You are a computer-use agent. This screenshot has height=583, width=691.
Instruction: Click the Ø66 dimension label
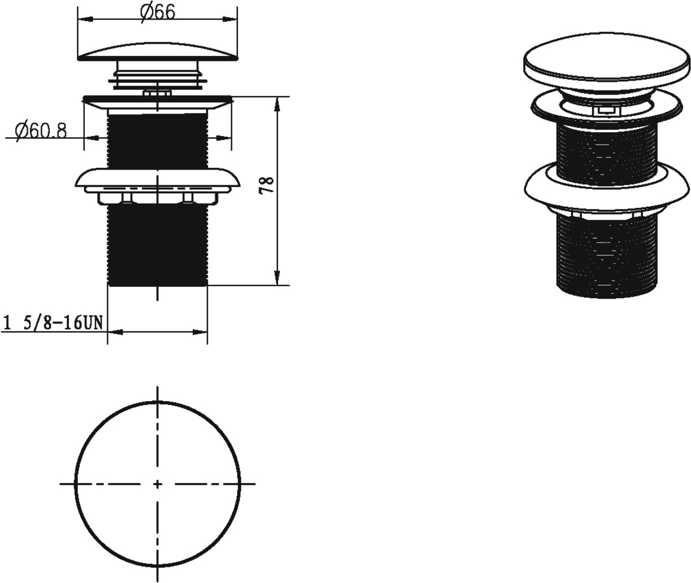157,12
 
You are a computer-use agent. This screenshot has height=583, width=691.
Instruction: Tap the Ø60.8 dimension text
41,130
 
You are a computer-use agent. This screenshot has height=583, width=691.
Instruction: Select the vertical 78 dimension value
267,185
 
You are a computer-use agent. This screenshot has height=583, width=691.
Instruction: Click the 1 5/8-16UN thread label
53,323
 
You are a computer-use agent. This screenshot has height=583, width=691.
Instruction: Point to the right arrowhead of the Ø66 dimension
230,19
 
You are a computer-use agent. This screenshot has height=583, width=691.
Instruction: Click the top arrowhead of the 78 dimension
277,104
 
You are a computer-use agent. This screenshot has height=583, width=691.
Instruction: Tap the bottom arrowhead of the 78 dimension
277,278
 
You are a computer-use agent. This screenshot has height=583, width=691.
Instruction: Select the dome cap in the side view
158,53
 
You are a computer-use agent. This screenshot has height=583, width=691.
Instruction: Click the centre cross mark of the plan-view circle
158,484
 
